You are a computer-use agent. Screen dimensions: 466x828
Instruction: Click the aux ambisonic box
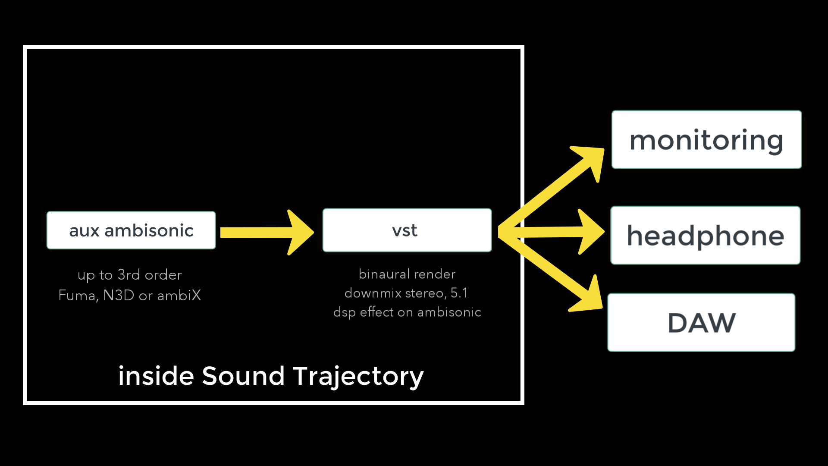point(131,230)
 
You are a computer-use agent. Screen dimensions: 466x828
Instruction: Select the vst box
point(407,230)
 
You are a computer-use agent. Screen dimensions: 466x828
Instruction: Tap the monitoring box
point(706,140)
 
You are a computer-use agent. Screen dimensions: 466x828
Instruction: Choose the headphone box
point(706,236)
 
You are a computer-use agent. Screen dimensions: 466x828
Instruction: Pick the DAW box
point(701,323)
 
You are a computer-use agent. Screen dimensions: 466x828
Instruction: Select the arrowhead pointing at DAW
point(589,298)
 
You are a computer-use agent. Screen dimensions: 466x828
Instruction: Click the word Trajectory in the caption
point(358,377)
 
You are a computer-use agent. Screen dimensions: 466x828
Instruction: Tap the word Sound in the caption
point(243,376)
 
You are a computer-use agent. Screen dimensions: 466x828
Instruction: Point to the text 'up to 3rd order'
point(130,275)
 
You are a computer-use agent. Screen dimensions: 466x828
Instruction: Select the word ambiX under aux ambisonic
point(179,296)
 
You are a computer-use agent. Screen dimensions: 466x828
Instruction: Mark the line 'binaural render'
point(407,274)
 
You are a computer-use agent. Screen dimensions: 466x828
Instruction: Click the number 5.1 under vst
point(459,293)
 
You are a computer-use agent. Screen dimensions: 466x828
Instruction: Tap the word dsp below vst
point(344,312)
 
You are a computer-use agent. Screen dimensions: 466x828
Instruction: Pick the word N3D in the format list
point(119,296)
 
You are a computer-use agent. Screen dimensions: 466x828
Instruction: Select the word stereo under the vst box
point(425,293)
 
